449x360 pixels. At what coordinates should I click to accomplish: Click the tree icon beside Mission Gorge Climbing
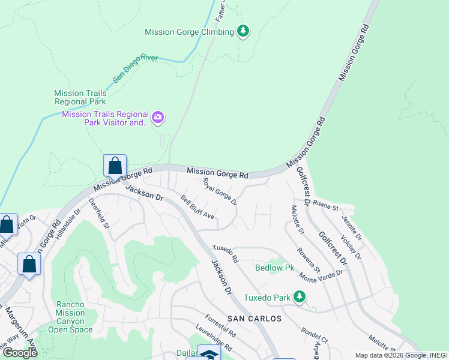(x=243, y=31)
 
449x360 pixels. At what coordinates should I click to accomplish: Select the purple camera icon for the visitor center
(x=158, y=118)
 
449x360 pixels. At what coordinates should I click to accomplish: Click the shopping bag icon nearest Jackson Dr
(x=115, y=166)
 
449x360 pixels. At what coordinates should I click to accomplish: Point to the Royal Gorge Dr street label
(x=220, y=191)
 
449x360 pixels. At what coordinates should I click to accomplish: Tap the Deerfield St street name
(x=98, y=214)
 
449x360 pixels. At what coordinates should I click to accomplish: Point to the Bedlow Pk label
(x=274, y=268)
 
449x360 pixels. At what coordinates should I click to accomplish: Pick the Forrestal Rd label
(x=219, y=325)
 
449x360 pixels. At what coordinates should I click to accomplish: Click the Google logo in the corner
(x=20, y=353)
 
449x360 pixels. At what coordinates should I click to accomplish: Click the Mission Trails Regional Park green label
(x=80, y=97)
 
